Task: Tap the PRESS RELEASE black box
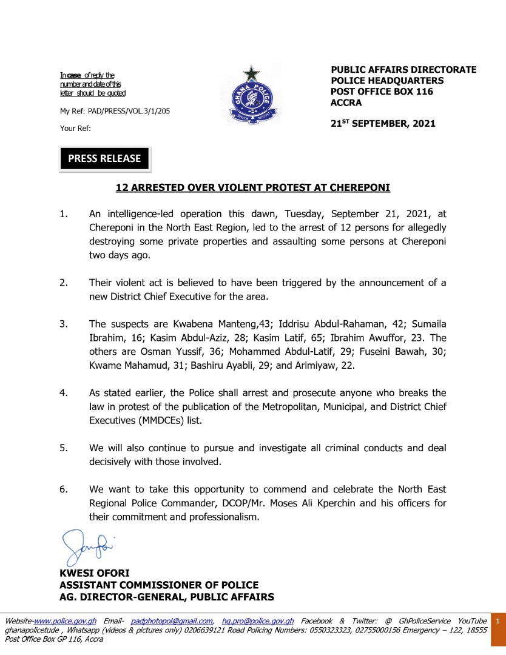coord(104,158)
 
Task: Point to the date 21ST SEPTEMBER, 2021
coord(383,124)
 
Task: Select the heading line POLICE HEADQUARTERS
coord(387,81)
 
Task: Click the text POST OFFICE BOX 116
coord(382,92)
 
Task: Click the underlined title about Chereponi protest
coord(253,188)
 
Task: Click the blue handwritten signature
coord(87,545)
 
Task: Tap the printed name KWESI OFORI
coord(94,573)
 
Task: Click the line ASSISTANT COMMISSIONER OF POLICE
coord(159,585)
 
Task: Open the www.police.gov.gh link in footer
coord(65,621)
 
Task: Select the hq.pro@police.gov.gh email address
coord(258,621)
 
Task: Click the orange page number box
coord(498,622)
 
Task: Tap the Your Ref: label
coord(75,128)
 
